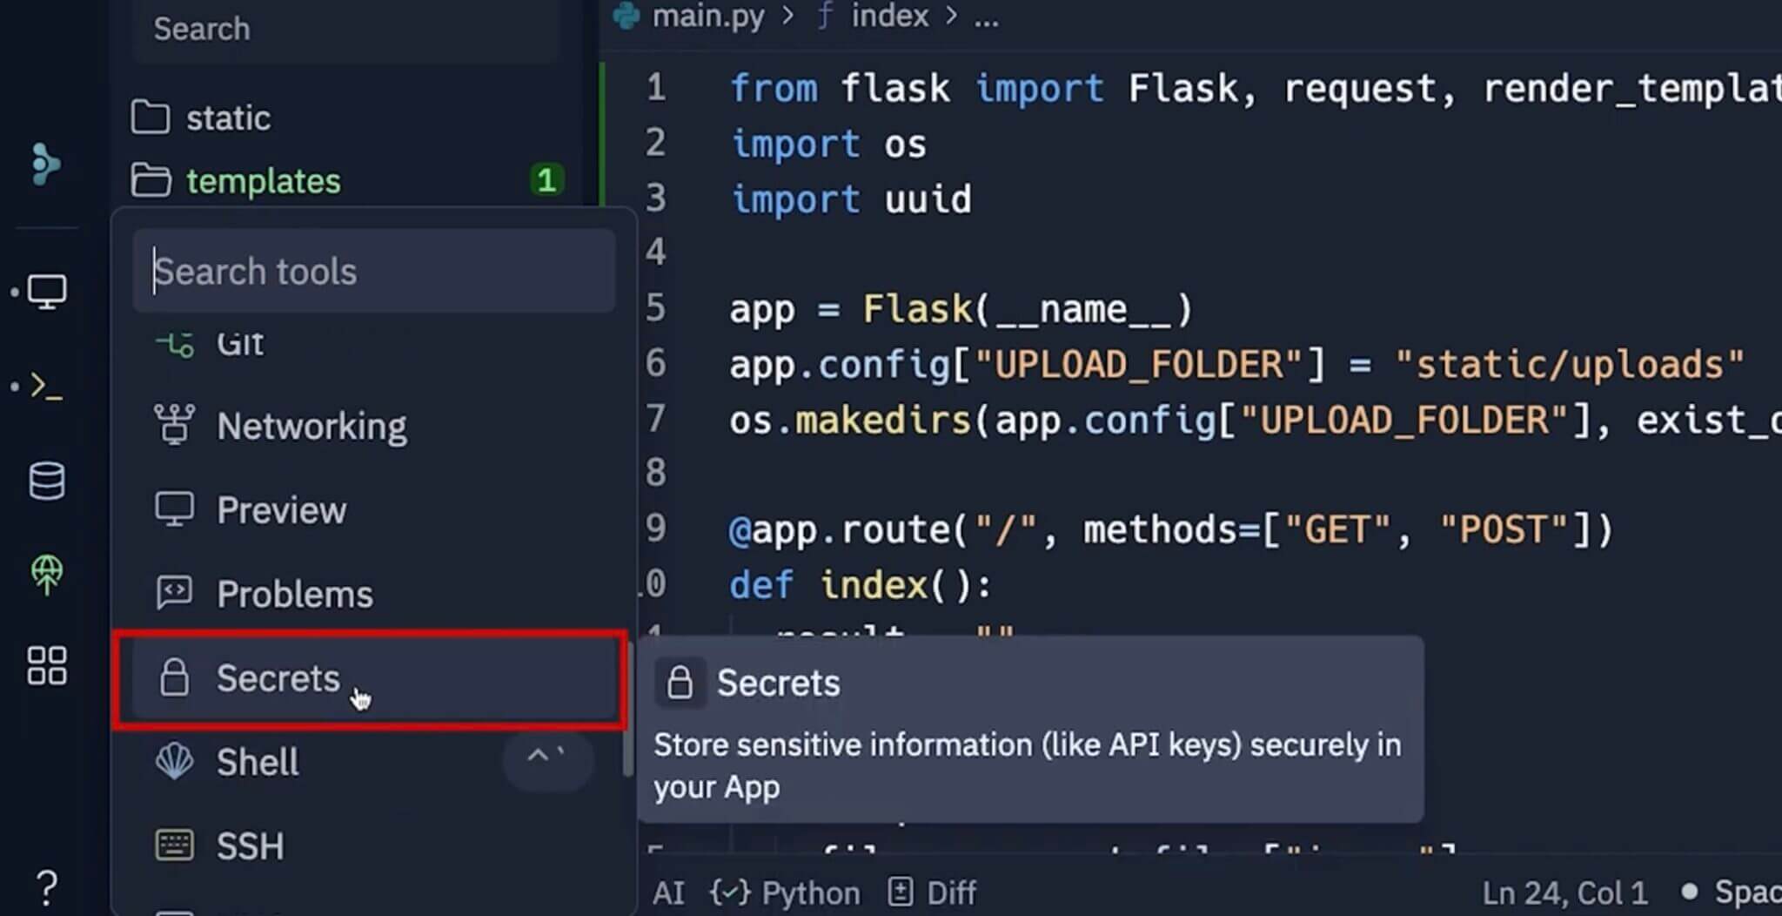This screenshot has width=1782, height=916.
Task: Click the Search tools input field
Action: point(374,272)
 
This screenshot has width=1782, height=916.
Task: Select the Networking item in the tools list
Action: point(311,427)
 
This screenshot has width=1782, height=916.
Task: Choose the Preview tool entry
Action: point(280,510)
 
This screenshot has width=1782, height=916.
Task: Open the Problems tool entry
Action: point(294,595)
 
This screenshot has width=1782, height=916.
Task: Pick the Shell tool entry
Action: point(258,763)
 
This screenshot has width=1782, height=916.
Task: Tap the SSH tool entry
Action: point(250,846)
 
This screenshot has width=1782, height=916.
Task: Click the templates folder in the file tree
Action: point(263,181)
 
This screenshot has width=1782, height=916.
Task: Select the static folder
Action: point(228,118)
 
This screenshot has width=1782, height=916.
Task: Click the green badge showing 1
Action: point(546,180)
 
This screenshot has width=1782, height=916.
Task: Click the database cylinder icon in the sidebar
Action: point(47,482)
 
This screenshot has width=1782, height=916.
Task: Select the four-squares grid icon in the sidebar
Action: point(47,666)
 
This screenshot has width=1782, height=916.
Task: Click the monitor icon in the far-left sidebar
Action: point(47,292)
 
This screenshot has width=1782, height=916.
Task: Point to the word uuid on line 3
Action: point(928,199)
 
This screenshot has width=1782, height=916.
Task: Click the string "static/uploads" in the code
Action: point(1569,365)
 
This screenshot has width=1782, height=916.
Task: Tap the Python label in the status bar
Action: point(809,892)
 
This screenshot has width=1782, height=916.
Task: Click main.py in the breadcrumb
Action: point(707,17)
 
